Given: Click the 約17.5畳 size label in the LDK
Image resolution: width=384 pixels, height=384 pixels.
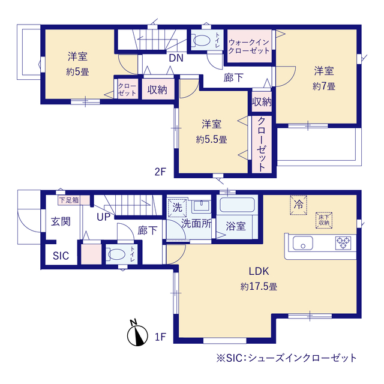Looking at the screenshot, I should [x=259, y=287].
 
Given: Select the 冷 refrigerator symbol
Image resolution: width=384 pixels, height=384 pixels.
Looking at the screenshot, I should [x=299, y=204].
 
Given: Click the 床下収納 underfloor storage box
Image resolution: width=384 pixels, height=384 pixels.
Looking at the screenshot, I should [x=324, y=220].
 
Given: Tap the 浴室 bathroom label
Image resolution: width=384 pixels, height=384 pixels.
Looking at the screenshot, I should [x=235, y=226].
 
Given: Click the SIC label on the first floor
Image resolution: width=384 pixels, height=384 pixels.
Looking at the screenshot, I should [x=61, y=256].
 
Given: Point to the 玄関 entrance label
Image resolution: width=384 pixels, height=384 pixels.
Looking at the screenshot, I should [x=60, y=221].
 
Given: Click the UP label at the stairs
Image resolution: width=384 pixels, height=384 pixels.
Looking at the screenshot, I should [x=103, y=217].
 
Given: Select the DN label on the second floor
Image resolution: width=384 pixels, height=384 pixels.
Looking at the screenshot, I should [x=176, y=58].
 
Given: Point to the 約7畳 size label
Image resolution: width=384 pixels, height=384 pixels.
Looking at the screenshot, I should [x=324, y=86].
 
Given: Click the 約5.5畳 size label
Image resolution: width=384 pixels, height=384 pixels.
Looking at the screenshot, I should [x=211, y=139].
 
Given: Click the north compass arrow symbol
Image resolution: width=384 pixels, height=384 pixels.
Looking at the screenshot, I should [x=137, y=335].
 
